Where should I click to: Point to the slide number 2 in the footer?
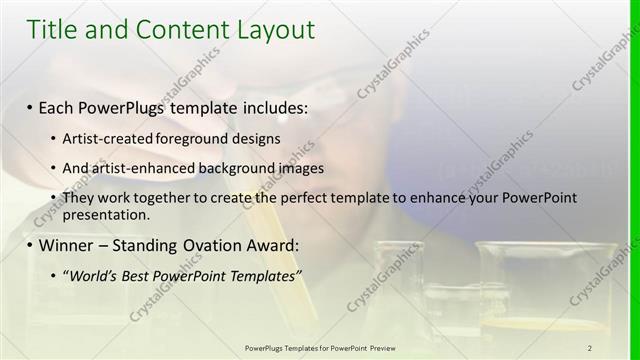tap(590, 347)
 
